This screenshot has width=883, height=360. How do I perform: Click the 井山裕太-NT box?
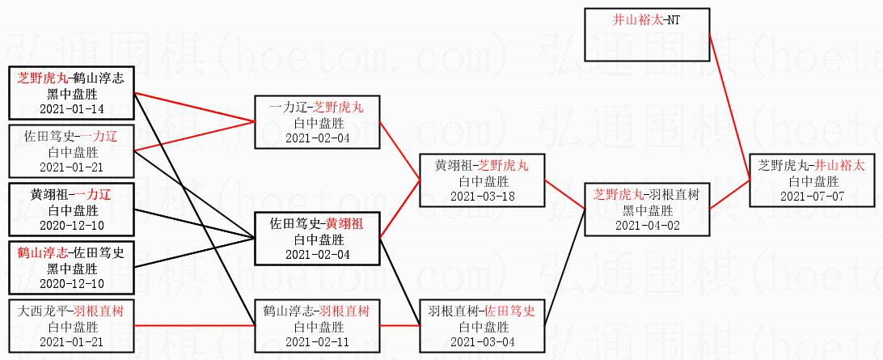tap(646, 34)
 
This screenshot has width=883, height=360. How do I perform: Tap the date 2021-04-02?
tap(646, 224)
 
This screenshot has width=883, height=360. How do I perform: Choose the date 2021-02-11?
tap(316, 341)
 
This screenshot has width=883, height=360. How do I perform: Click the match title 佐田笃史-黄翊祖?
tap(316, 224)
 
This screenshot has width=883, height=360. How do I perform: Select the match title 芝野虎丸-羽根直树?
tap(646, 195)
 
